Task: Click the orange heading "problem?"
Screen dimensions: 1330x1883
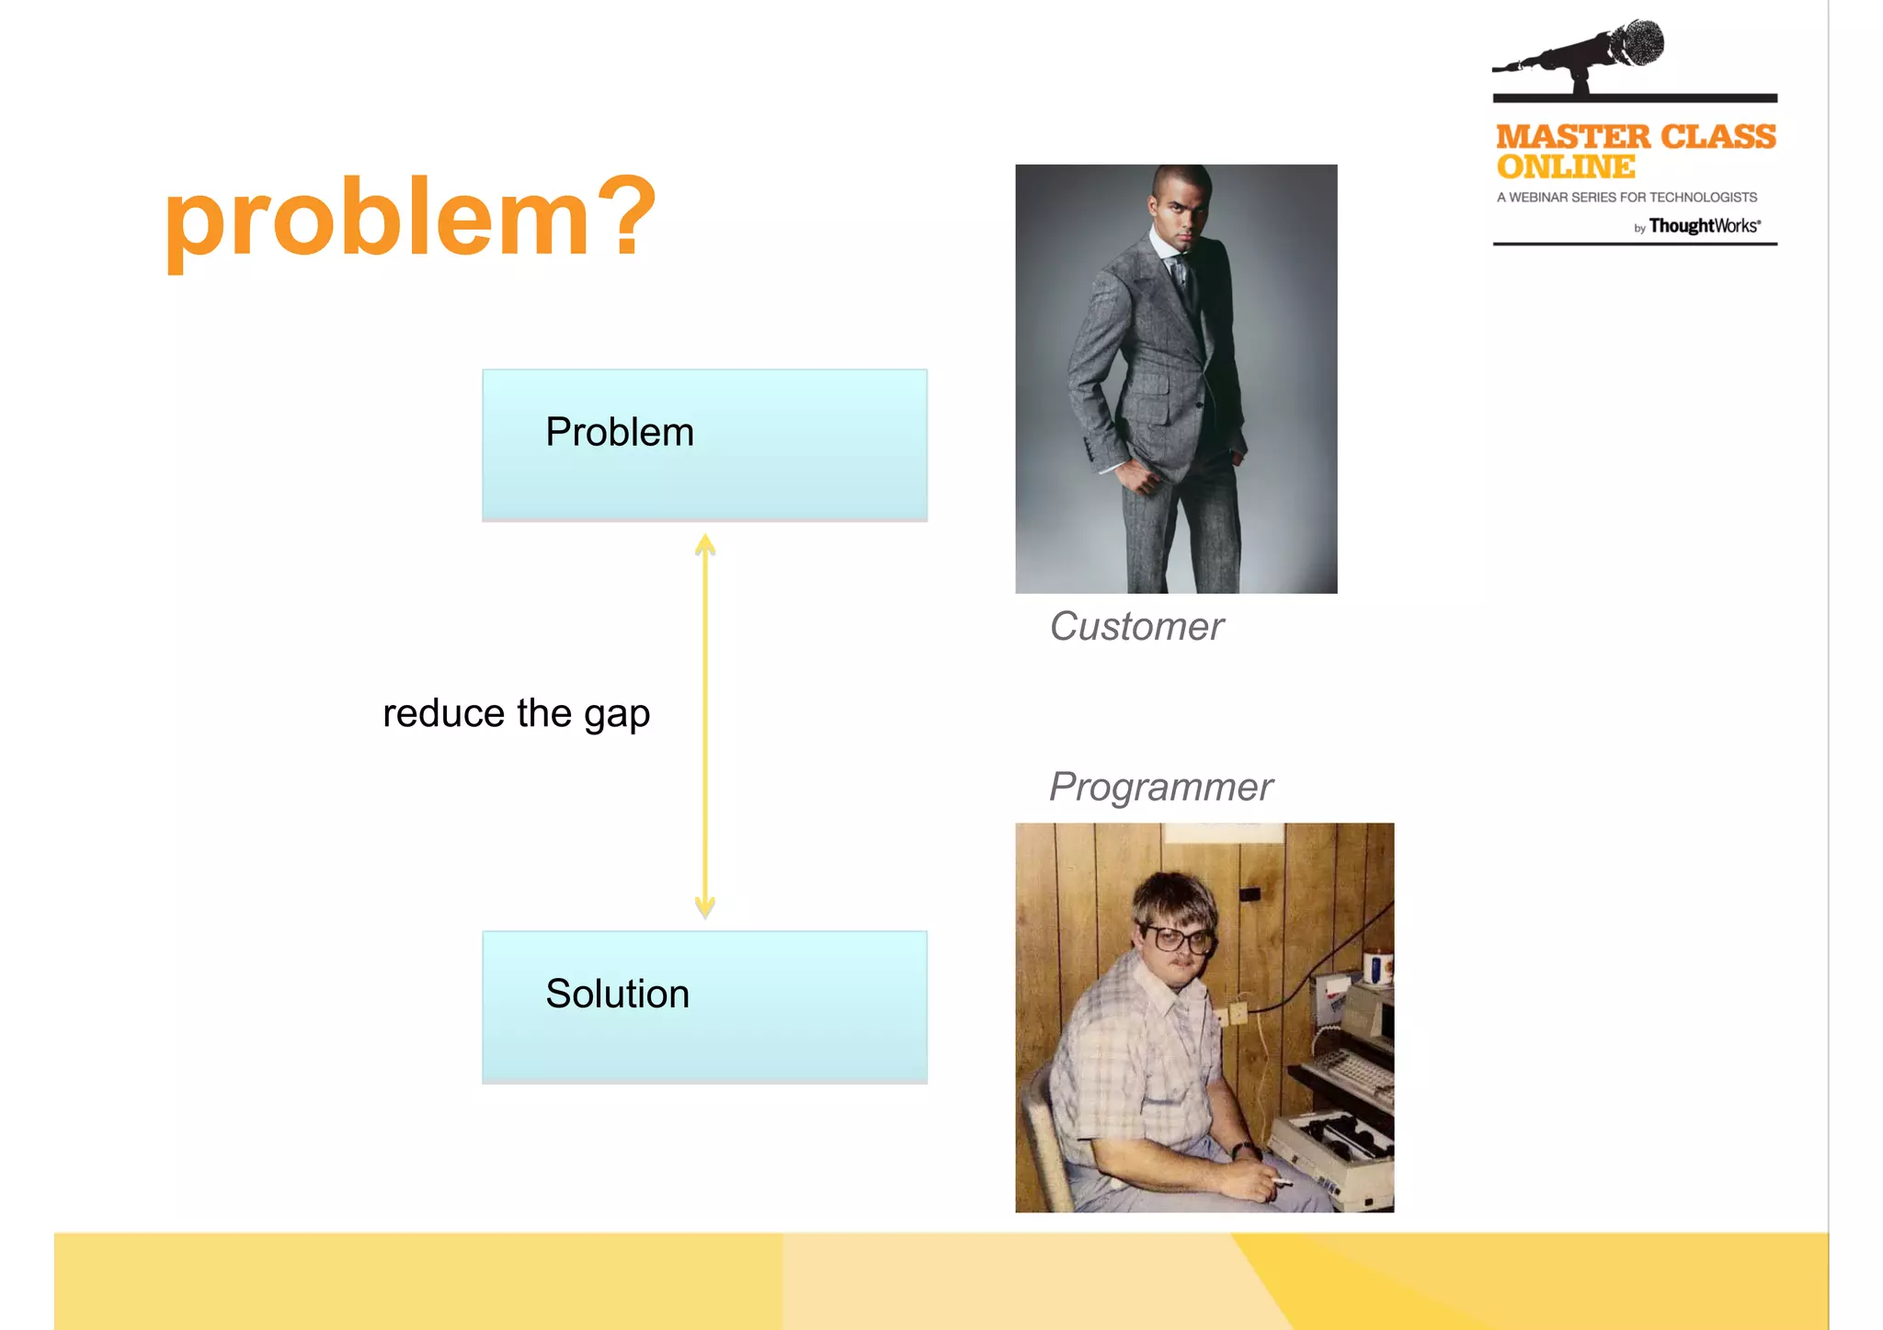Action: coord(409,218)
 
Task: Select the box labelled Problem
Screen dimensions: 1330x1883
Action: coord(704,444)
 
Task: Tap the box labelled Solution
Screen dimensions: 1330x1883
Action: coord(704,1006)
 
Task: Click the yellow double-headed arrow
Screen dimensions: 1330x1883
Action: coord(705,726)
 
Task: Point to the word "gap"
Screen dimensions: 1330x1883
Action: coord(617,715)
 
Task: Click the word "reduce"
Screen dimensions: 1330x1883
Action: coord(443,713)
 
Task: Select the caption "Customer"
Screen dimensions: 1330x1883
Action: coord(1136,627)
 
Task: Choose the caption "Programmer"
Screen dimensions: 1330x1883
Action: coord(1160,787)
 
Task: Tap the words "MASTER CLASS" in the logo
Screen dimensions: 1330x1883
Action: coord(1636,137)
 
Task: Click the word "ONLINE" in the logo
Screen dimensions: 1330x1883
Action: coord(1566,167)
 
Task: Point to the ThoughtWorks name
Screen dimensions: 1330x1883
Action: coord(1703,226)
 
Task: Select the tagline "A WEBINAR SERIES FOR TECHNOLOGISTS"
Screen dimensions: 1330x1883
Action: coord(1626,198)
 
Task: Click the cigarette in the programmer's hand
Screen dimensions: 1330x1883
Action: coord(1282,1181)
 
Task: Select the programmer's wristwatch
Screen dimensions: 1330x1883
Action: coord(1246,1149)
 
